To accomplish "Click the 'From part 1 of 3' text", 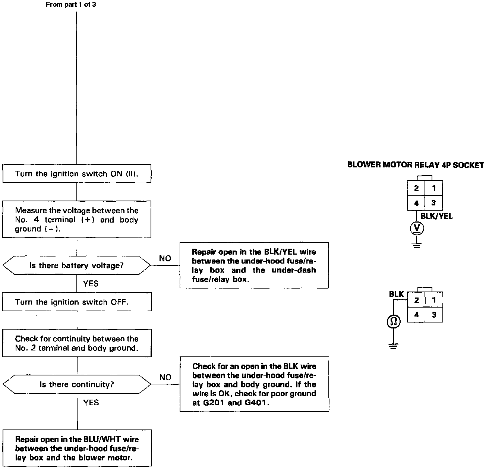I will pos(70,5).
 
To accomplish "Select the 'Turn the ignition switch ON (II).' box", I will pos(77,174).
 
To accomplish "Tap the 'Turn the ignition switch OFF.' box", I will pos(77,302).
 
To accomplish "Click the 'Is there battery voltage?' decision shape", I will pos(77,265).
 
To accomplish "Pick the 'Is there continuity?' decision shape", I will pos(77,384).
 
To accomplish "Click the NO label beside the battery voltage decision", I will pos(165,258).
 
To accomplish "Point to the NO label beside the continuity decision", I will pos(165,377).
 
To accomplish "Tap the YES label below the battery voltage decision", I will pos(91,284).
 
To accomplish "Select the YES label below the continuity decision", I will pos(91,403).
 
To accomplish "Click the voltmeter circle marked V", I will pos(417,228).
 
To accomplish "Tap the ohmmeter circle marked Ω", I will pos(394,322).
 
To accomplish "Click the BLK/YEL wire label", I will pos(436,216).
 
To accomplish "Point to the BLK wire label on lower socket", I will pos(396,294).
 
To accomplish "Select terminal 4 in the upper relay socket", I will pos(416,203).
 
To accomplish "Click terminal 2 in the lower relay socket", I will pos(416,300).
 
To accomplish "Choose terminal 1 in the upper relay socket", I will pos(433,188).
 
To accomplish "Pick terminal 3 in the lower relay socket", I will pos(434,315).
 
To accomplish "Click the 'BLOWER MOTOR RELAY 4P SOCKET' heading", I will pos(416,165).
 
